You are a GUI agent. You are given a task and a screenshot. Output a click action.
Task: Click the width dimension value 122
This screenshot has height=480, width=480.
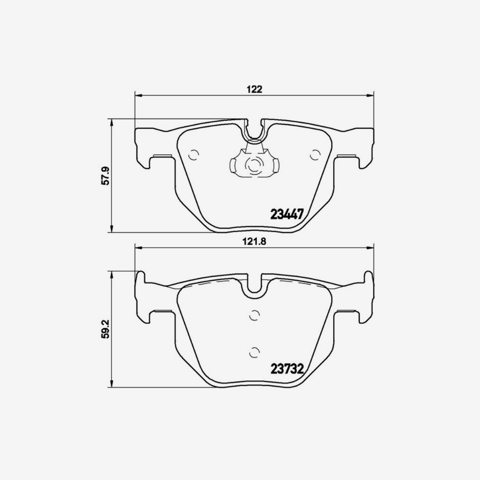point(254,89)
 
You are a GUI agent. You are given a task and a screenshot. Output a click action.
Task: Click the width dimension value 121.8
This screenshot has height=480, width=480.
point(254,241)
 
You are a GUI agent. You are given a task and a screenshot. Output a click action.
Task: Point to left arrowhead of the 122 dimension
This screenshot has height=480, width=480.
point(138,95)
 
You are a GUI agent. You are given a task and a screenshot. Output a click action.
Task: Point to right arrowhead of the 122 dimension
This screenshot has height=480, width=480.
point(370,95)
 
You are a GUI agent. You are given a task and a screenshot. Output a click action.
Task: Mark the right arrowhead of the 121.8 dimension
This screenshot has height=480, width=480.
point(370,248)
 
